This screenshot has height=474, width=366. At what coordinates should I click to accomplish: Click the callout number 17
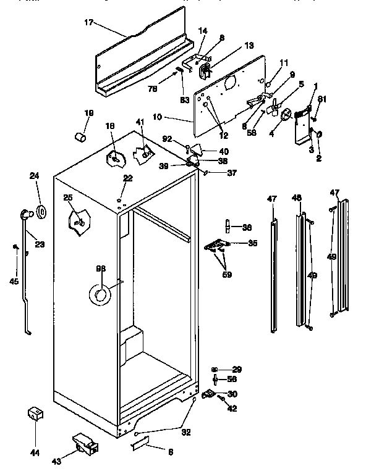click(90, 23)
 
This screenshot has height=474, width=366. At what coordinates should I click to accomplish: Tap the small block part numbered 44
click(35, 414)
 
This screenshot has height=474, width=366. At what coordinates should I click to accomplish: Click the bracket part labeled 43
click(83, 443)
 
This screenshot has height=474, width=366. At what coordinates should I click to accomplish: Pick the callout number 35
click(252, 243)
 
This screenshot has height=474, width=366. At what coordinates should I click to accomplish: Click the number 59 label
click(227, 275)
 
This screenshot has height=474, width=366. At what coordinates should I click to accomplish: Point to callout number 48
click(297, 198)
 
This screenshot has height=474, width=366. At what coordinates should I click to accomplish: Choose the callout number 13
click(231, 46)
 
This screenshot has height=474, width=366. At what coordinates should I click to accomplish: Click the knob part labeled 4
click(286, 115)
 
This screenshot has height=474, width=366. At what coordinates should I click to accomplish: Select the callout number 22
click(127, 178)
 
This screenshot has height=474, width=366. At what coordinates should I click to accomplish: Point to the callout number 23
click(40, 244)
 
